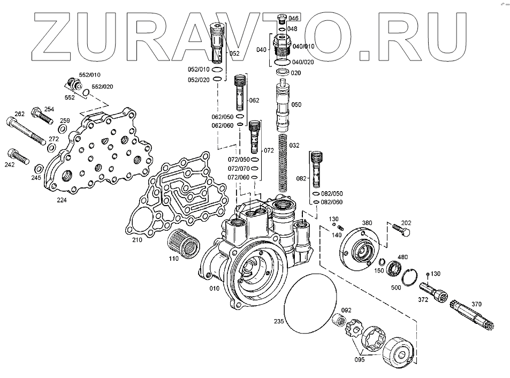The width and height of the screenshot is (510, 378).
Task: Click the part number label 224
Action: click(62, 200)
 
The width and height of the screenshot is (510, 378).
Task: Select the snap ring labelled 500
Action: click(411, 275)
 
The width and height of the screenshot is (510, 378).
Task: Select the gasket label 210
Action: click(138, 240)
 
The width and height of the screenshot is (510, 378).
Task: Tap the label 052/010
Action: click(199, 70)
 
